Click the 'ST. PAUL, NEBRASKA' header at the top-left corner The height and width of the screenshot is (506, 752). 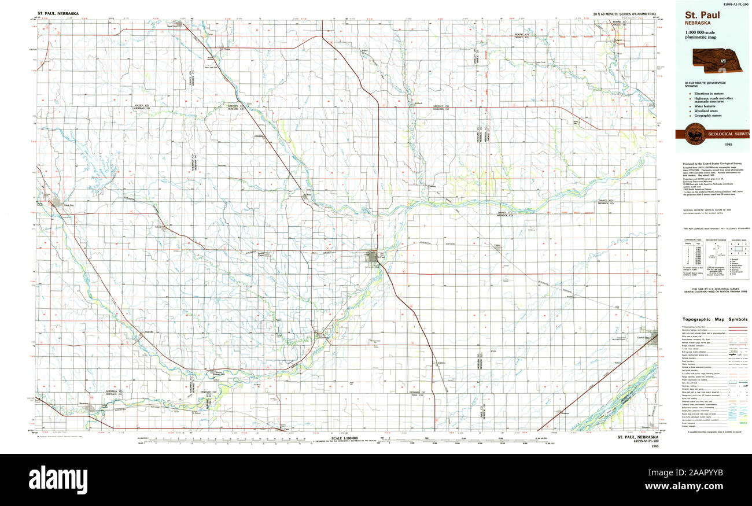tap(58, 13)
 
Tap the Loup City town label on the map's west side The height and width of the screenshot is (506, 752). tap(68, 205)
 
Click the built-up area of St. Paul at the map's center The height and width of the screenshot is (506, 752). tap(371, 256)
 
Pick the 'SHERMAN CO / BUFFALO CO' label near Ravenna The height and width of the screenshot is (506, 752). tap(113, 393)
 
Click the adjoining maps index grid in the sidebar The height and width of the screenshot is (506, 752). tap(739, 248)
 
